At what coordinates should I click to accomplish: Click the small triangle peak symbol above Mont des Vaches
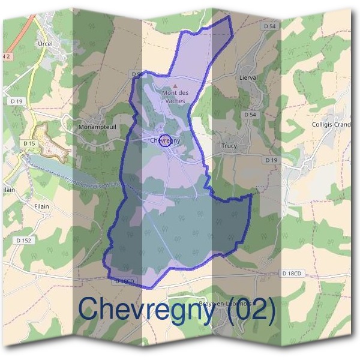[x=175, y=86]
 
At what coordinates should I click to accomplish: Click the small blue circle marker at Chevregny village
[x=167, y=141]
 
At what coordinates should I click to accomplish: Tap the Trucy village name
[x=229, y=146]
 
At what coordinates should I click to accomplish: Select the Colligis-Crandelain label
[x=331, y=125]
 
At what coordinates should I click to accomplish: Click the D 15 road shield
[x=29, y=143]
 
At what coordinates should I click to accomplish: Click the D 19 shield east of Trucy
[x=272, y=160]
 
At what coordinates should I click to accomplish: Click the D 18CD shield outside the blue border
[x=292, y=274]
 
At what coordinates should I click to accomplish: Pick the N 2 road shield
[x=7, y=56]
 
